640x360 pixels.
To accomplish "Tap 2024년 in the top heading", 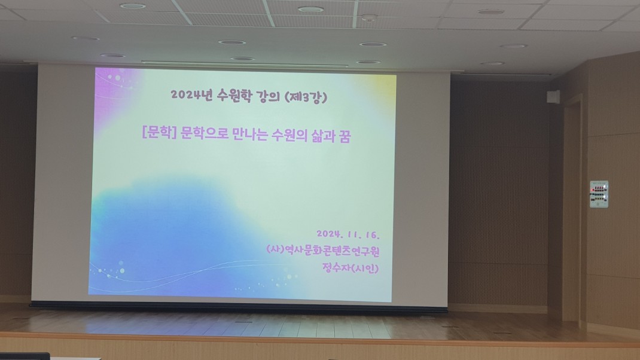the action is tap(192, 95).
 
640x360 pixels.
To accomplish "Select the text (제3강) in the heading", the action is tap(306, 97).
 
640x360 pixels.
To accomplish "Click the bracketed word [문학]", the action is tap(159, 132).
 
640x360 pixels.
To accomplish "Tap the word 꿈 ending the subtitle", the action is tap(344, 136).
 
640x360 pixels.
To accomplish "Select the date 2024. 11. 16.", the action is tap(348, 234).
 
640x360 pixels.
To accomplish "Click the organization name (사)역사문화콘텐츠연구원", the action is tap(323, 250).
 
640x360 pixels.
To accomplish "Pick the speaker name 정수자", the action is tap(336, 268).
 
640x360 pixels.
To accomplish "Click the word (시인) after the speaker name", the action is tap(365, 268).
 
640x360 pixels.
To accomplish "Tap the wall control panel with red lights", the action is tap(599, 194).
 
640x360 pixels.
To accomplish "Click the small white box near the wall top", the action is tap(553, 97).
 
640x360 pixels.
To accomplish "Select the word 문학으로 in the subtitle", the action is tap(204, 133).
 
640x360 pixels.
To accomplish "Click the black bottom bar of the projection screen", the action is tap(239, 306).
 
